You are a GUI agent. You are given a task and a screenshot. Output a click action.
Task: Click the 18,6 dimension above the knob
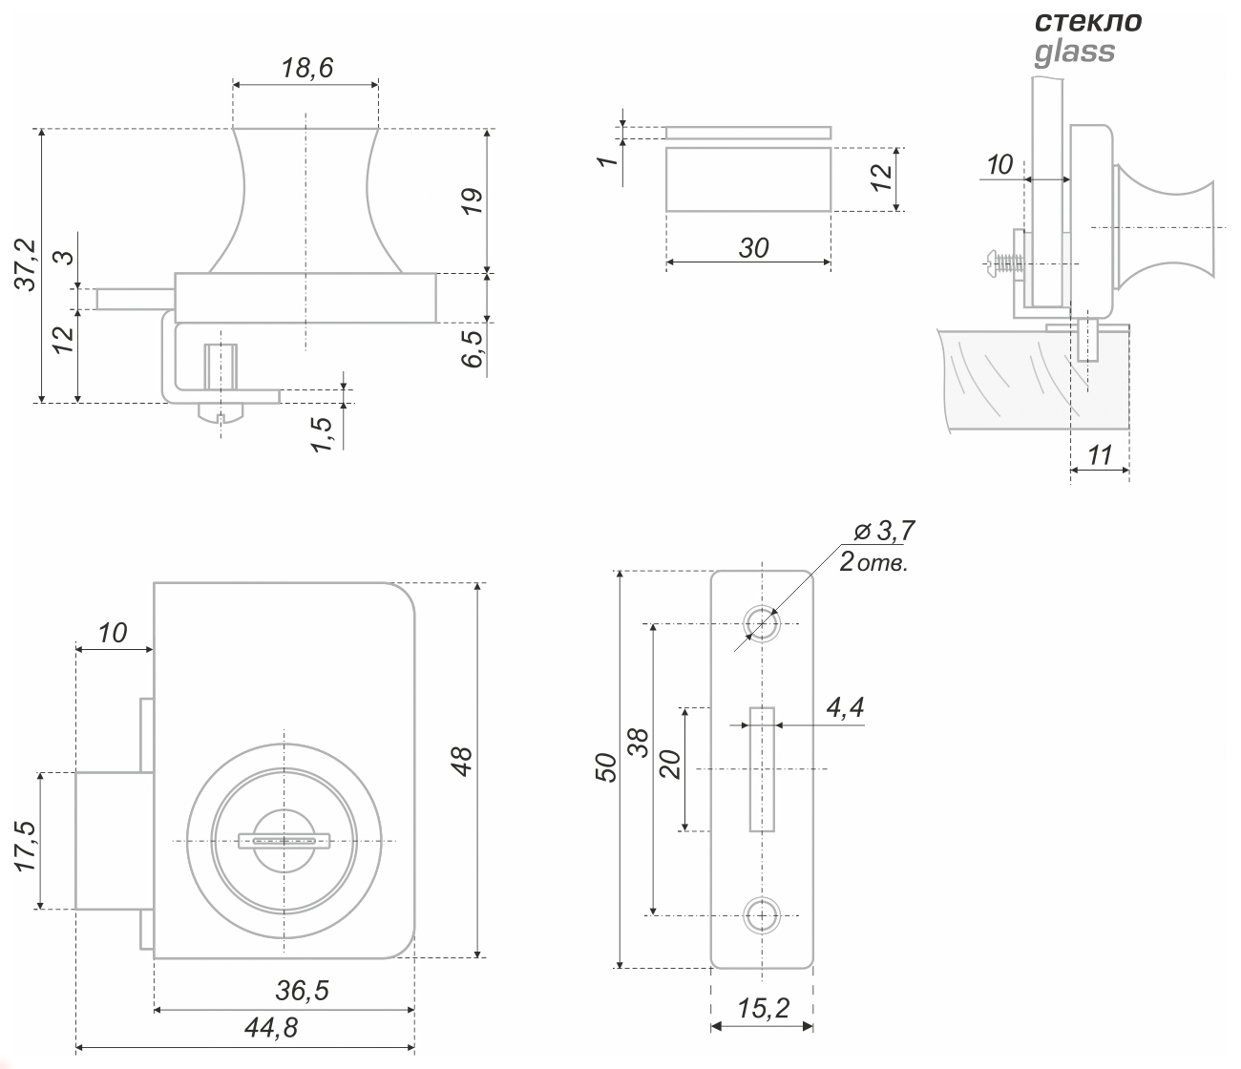[305, 68]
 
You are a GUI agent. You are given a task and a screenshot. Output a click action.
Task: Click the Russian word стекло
[1088, 22]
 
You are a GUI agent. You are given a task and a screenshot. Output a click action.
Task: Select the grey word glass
[1074, 51]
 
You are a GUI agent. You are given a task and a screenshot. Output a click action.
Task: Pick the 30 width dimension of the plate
[753, 248]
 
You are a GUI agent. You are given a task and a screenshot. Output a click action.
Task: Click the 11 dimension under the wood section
[1100, 455]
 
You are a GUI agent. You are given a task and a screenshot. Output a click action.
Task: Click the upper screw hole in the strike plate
[761, 624]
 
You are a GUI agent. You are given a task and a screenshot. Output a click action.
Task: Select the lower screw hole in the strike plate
[761, 914]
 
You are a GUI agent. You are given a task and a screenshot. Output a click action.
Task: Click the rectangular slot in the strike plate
[761, 769]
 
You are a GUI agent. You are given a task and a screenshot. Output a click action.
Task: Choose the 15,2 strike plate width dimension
[762, 1009]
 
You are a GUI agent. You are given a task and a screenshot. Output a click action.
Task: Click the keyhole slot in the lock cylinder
[284, 841]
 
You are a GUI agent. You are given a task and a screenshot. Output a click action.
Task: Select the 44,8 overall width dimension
[271, 1028]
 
